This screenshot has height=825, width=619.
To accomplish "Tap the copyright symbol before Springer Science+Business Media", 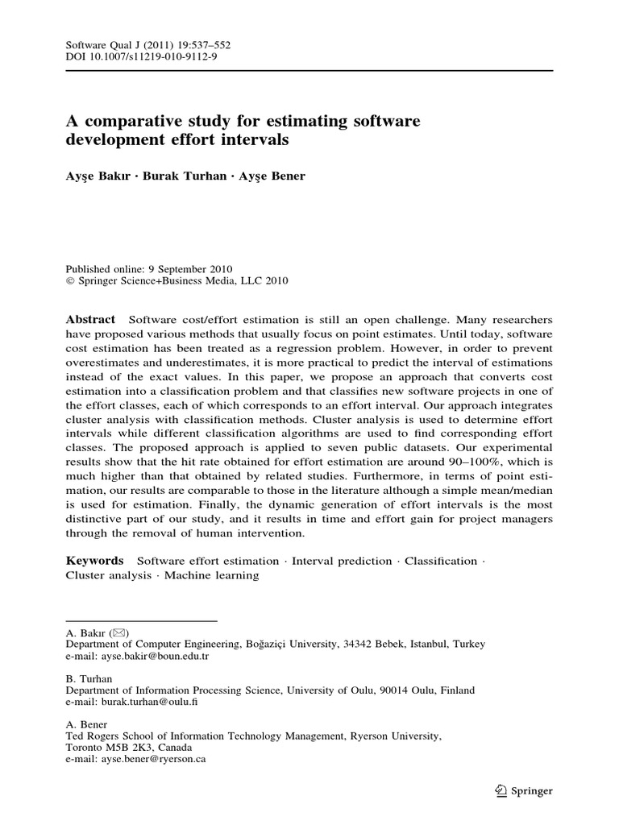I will pos(69,281).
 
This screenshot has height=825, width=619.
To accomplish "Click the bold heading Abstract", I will pos(90,319).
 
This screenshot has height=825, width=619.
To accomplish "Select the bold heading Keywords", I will pos(94,561).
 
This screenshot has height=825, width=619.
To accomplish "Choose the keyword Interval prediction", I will pos(343,561).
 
